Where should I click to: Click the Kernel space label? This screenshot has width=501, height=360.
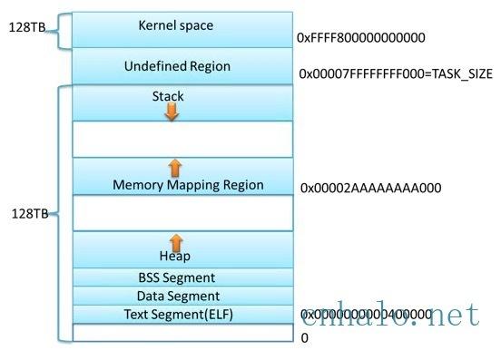coord(176,25)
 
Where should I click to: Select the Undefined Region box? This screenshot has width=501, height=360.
coord(176,66)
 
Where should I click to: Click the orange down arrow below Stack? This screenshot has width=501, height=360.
coord(172,111)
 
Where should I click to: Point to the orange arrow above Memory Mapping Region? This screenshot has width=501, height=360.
coord(175,167)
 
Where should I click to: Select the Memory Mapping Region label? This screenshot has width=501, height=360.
coord(188,185)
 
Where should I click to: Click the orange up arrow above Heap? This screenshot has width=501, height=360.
coord(176,241)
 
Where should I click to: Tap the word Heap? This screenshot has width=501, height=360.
coord(176,257)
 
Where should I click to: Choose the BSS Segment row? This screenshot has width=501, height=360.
coord(176,277)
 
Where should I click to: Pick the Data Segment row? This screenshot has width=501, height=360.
coord(176,296)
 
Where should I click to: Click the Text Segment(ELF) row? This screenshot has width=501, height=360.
coord(176,314)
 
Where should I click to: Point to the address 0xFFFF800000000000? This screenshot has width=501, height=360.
coord(360,38)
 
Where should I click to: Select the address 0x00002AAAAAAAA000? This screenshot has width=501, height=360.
coord(371,188)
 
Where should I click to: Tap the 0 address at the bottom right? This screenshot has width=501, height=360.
coord(305,336)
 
